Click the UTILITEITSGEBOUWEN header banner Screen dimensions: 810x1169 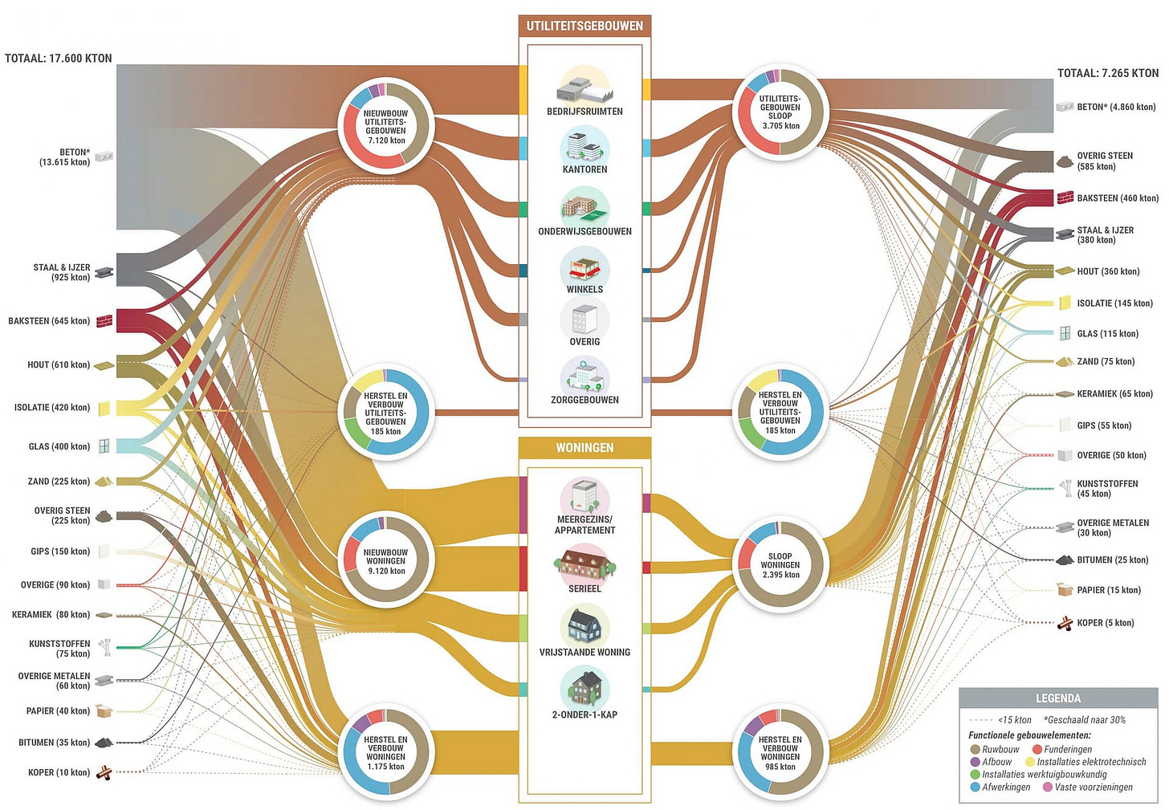(x=584, y=26)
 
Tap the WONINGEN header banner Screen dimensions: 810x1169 (x=584, y=447)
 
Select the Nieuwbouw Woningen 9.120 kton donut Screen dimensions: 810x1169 (x=386, y=560)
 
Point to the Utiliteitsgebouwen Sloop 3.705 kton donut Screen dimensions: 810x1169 (x=780, y=112)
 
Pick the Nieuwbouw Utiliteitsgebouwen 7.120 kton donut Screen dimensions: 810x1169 (x=386, y=127)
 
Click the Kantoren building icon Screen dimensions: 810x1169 (x=584, y=145)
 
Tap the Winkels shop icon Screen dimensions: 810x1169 (x=584, y=267)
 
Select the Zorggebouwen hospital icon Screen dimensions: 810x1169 (x=584, y=375)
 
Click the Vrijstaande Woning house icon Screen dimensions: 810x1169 (x=584, y=625)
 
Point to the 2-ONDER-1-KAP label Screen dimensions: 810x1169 (x=584, y=714)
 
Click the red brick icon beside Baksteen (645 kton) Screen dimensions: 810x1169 (x=104, y=321)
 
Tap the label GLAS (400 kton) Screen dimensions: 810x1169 (x=59, y=446)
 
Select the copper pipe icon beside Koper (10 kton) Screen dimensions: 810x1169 (x=104, y=773)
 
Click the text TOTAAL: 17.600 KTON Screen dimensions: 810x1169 (x=59, y=58)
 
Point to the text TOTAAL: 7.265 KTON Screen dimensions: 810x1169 (x=1108, y=73)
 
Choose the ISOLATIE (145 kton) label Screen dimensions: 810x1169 (x=1114, y=303)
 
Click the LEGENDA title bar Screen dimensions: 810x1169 (x=1058, y=698)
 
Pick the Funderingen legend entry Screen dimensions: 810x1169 (x=1067, y=749)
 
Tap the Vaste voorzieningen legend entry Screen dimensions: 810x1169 (x=1093, y=788)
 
